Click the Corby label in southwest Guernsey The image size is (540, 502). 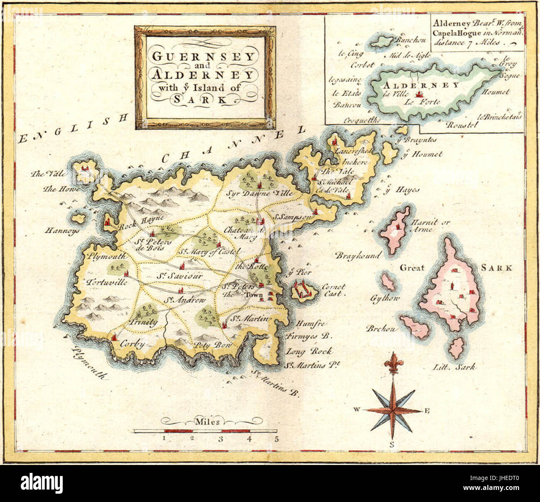pos(132,344)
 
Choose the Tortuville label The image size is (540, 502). pos(107,282)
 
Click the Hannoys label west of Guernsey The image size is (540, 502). pos(63,231)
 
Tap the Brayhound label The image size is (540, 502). pos(358,255)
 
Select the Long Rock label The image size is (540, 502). pos(309,351)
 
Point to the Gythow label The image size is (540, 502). pos(385,299)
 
